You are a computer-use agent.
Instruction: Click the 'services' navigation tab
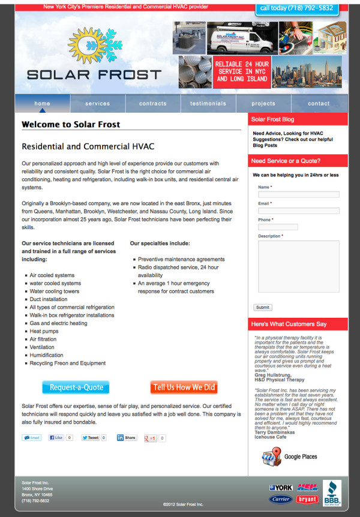[97, 104]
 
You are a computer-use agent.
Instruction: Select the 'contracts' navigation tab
[153, 104]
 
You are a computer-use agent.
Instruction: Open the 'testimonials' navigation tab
[208, 104]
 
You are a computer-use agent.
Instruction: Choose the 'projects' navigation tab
[263, 104]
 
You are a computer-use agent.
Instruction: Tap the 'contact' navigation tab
[319, 104]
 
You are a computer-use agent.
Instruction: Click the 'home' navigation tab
[43, 104]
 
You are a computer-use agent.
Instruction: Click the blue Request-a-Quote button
[76, 387]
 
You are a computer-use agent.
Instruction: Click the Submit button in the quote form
[262, 307]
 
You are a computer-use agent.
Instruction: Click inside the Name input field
[298, 194]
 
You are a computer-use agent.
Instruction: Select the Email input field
[298, 211]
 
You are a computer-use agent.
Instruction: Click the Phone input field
[278, 227]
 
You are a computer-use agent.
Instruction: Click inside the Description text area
[298, 267]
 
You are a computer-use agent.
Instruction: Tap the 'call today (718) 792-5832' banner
[295, 8]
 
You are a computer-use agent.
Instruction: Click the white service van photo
[235, 38]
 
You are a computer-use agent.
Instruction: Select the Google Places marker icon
[271, 457]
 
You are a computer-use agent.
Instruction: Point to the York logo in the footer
[281, 488]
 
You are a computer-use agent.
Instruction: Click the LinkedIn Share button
[127, 438]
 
